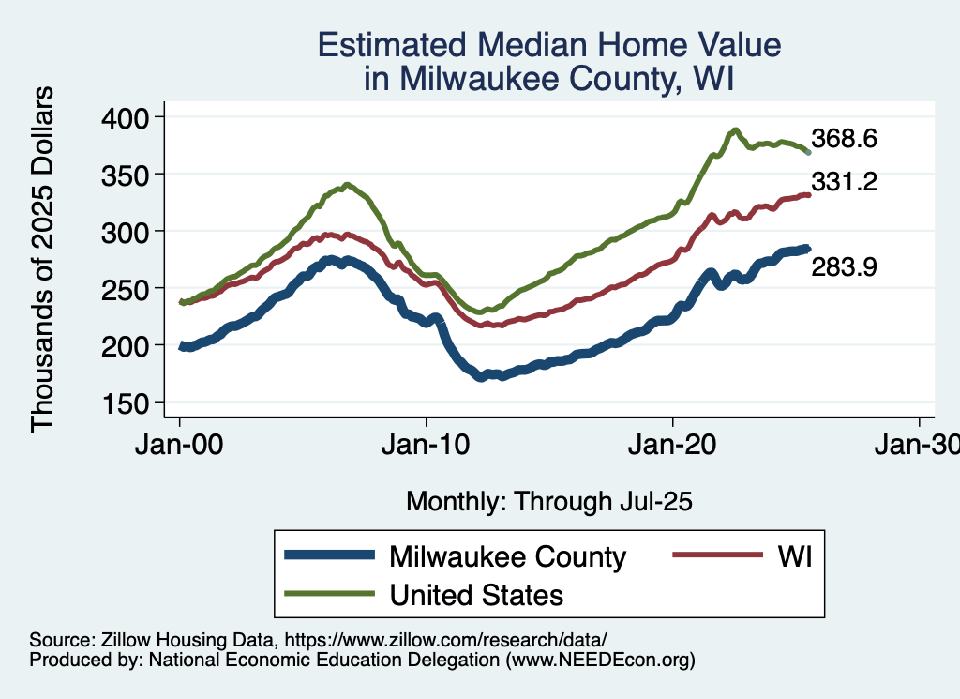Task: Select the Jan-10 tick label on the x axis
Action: pyautogui.click(x=427, y=445)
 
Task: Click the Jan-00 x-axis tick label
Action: pyautogui.click(x=180, y=445)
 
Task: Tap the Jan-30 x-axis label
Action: pyautogui.click(x=918, y=445)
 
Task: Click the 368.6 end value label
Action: pyautogui.click(x=844, y=140)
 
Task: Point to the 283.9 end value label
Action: pyautogui.click(x=844, y=268)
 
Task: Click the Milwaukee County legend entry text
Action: pyautogui.click(x=506, y=556)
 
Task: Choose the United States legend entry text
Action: pyautogui.click(x=475, y=594)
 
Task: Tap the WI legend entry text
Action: pyautogui.click(x=792, y=556)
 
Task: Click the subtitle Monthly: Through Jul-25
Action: pyautogui.click(x=548, y=502)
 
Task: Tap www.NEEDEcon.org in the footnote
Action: pyautogui.click(x=600, y=660)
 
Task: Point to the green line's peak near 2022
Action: pyautogui.click(x=736, y=129)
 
